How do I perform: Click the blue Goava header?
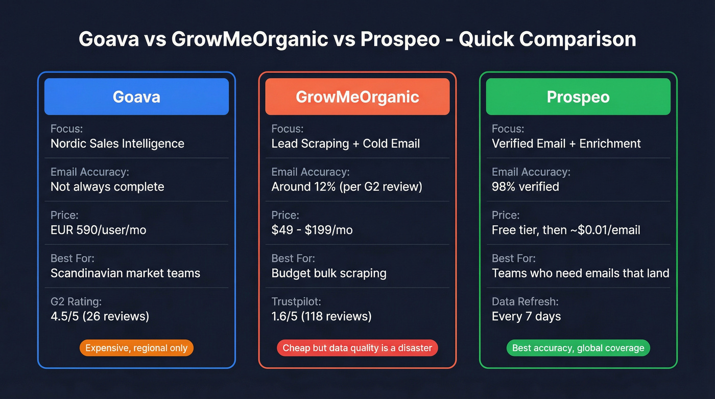point(136,97)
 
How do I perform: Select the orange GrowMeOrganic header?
point(357,97)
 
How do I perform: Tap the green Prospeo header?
point(578,97)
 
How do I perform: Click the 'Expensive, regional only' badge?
point(136,348)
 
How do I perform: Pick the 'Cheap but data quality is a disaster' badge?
point(357,348)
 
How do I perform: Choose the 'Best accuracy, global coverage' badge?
point(578,348)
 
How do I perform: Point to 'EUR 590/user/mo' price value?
point(99,230)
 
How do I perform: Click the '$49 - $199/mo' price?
point(312,230)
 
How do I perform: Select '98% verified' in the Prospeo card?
point(526,186)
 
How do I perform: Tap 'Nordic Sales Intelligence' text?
point(117,144)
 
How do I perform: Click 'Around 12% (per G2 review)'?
point(347,186)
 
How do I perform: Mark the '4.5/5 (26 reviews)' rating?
point(100,316)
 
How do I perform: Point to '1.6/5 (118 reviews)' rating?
point(321,316)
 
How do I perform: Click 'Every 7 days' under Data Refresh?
point(527,316)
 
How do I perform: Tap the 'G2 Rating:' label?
point(77,302)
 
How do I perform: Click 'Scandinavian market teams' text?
point(125,273)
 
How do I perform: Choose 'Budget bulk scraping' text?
point(329,273)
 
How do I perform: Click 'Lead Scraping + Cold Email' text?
point(346,144)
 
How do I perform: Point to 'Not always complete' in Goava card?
point(107,186)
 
